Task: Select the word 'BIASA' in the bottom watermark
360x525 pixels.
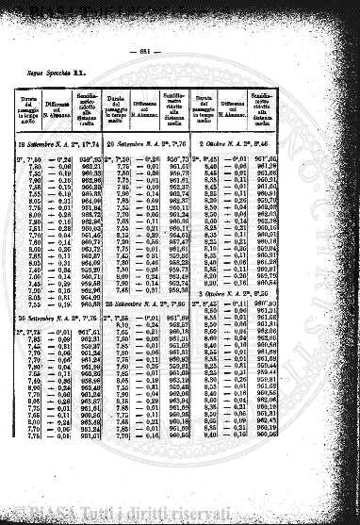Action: pyautogui.click(x=41, y=517)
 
